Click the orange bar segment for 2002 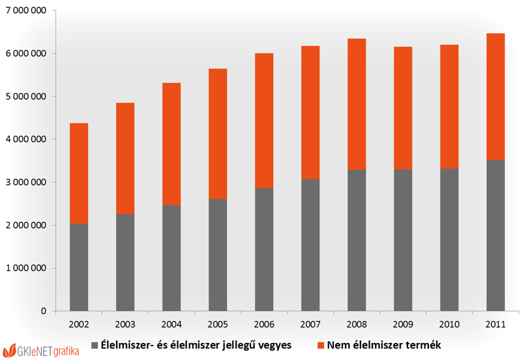[x=79, y=173]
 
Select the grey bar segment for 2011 [x=495, y=235]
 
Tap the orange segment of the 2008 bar [x=357, y=104]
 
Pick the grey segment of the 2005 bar [x=218, y=255]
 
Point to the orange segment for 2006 [x=264, y=121]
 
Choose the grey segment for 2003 [x=125, y=262]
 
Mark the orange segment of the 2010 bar [x=449, y=106]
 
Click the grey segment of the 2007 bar [x=310, y=245]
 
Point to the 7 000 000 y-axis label [x=26, y=11]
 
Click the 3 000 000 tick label [x=26, y=182]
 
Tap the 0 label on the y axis [x=44, y=311]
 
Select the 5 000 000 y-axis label [x=26, y=97]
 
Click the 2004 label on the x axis [x=171, y=325]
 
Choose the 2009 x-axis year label [x=403, y=325]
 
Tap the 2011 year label [x=495, y=325]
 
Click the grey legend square [x=95, y=345]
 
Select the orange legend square [x=321, y=345]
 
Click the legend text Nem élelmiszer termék [x=384, y=345]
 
